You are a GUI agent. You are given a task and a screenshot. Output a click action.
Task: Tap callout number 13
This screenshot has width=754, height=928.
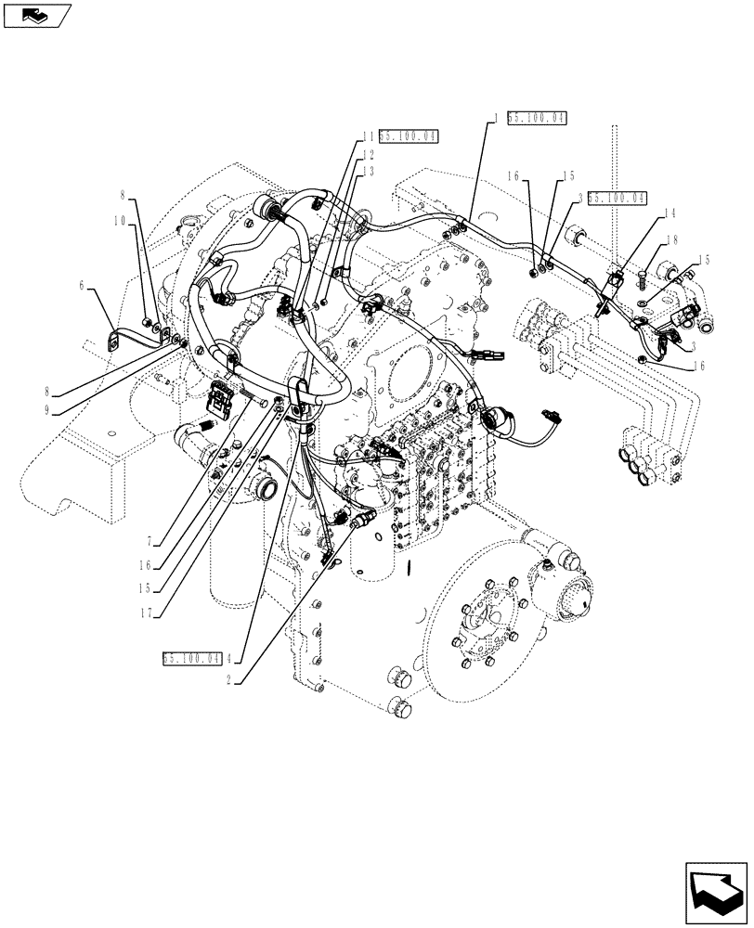point(368,172)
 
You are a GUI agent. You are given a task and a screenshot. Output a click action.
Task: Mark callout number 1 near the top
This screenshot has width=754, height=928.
point(497,118)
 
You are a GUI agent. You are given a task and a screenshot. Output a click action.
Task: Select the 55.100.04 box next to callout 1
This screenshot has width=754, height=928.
point(537,118)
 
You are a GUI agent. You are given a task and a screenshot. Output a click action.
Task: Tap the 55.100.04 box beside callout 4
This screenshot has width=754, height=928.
point(191,658)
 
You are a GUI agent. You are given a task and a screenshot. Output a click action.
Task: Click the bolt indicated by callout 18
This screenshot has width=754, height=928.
point(643,274)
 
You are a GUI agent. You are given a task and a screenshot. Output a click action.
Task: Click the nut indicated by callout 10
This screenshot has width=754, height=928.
point(149,322)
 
